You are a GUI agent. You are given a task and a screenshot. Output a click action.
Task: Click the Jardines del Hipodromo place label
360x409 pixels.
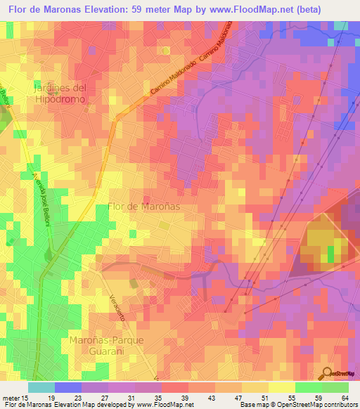60,93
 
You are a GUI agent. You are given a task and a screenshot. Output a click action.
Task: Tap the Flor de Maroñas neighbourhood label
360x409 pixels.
144,207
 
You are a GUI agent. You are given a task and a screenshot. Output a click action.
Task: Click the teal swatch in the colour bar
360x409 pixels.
41,387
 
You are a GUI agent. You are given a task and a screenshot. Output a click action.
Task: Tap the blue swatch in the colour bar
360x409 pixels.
68,387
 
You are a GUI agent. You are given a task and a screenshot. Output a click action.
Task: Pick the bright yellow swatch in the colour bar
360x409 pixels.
281,387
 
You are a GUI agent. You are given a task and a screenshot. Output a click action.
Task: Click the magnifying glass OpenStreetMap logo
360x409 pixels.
326,372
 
